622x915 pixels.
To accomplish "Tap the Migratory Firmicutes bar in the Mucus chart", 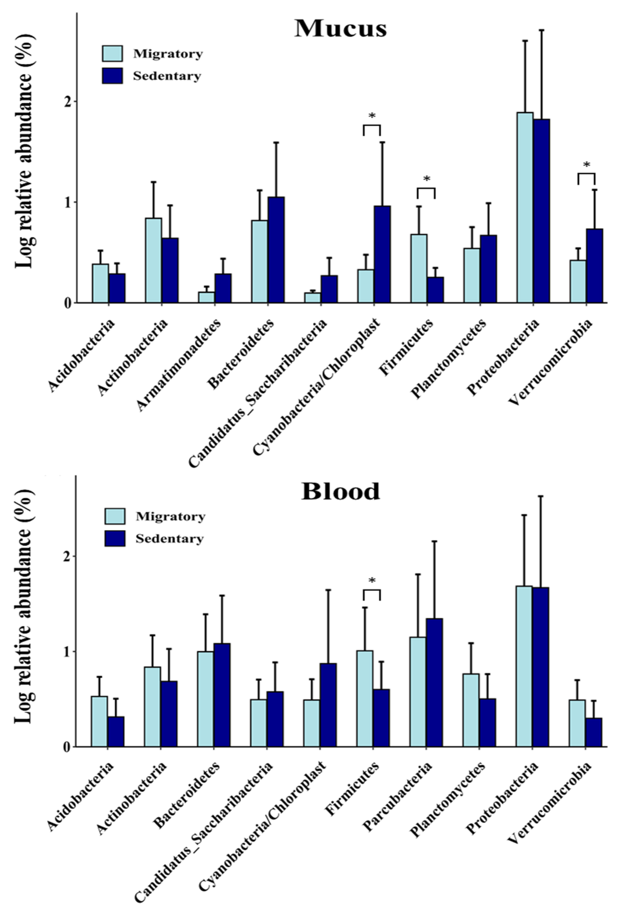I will [x=419, y=269].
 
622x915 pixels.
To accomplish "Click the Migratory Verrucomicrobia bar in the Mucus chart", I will [x=578, y=281].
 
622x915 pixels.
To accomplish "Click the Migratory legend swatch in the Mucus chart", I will [x=112, y=53].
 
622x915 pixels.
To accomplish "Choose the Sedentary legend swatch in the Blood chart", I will [x=115, y=538].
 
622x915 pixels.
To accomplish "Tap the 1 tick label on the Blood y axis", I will [x=68, y=652].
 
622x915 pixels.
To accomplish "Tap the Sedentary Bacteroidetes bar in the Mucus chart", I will [x=276, y=250].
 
